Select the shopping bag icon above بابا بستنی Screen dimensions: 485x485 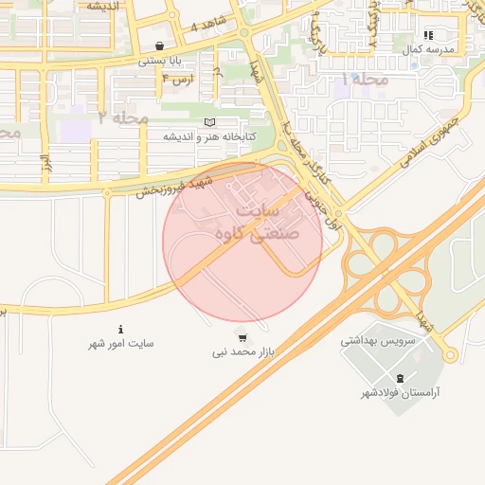coord(158,45)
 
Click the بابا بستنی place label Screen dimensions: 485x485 coord(158,60)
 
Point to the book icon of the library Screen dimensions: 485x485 coord(209,122)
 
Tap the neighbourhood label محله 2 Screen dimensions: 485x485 coord(123,118)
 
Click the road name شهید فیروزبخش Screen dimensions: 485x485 coord(169,178)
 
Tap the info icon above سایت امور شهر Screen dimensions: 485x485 coord(120,329)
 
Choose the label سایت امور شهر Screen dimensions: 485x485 coord(120,343)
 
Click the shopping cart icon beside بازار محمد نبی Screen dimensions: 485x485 coord(242,337)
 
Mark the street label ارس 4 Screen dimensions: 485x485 coord(177,78)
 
